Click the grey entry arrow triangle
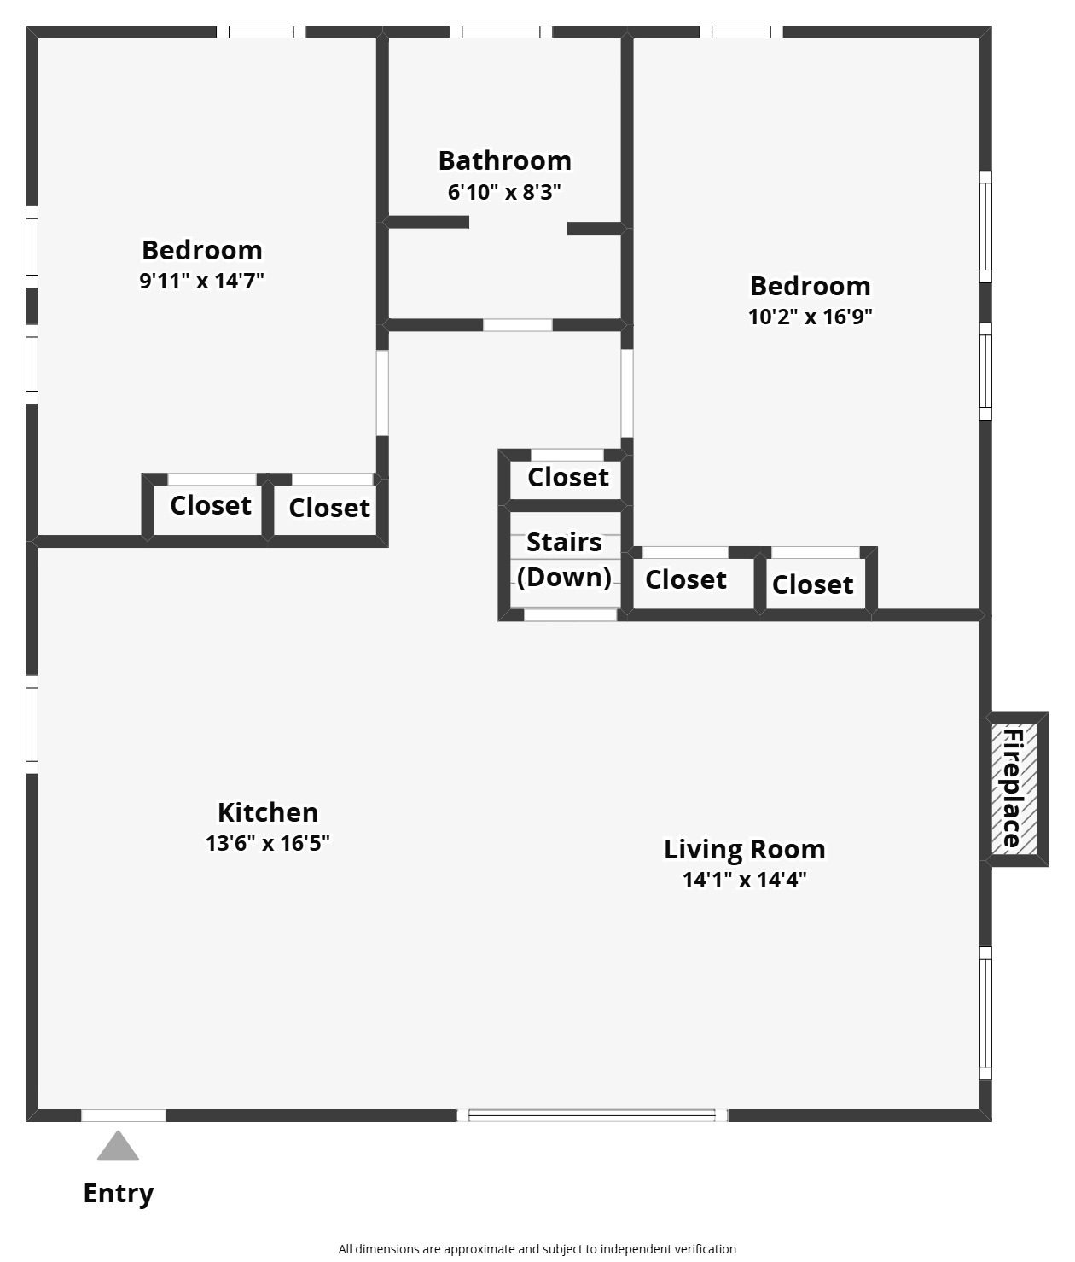pyautogui.click(x=118, y=1146)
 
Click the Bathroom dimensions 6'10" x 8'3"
pyautogui.click(x=504, y=192)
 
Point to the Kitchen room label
pyautogui.click(x=268, y=812)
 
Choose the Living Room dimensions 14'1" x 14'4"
pyautogui.click(x=744, y=880)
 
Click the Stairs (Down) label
pyautogui.click(x=564, y=560)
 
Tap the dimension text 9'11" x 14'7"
pyautogui.click(x=201, y=281)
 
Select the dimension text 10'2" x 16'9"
pyautogui.click(x=810, y=317)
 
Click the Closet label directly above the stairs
pyautogui.click(x=567, y=477)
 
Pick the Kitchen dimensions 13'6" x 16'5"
pyautogui.click(x=267, y=843)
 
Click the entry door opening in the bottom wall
pyautogui.click(x=124, y=1116)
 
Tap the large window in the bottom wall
pyautogui.click(x=592, y=1116)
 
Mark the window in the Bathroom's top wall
pyautogui.click(x=501, y=32)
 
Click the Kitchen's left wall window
pyautogui.click(x=32, y=724)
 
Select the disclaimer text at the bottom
pyautogui.click(x=537, y=1249)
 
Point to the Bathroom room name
pyautogui.click(x=505, y=160)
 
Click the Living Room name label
pyautogui.click(x=744, y=849)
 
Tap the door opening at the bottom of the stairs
pyautogui.click(x=570, y=615)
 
